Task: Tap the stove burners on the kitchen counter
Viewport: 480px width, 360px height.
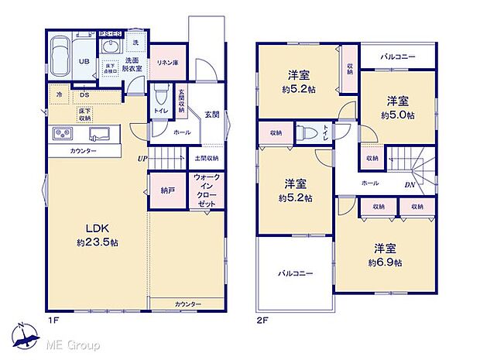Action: pos(61,134)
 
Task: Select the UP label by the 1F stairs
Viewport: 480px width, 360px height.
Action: pos(142,159)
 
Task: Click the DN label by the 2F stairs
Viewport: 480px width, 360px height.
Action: pos(410,185)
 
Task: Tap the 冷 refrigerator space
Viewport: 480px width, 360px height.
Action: pos(59,94)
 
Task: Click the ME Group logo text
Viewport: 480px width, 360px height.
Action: pos(72,343)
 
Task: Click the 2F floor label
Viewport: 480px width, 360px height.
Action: pos(262,318)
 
